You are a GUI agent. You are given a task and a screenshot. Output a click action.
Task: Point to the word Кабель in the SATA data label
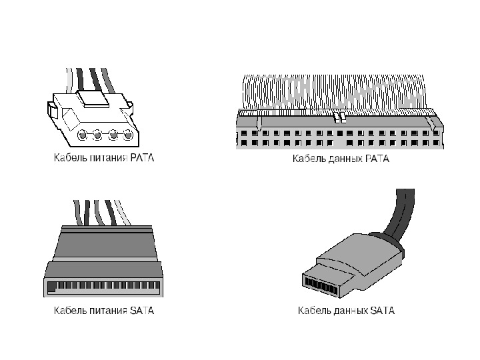point(313,311)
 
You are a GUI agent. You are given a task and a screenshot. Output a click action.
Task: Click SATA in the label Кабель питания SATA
point(142,311)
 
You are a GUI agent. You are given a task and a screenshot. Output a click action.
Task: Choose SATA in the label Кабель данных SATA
point(381,311)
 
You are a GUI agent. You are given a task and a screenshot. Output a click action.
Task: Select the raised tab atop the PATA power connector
point(93,99)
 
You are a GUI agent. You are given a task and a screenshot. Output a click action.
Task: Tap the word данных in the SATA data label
point(348,311)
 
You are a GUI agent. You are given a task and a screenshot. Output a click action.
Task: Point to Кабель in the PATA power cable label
point(69,159)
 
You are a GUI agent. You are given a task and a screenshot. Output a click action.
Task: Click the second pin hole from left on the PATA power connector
point(97,136)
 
